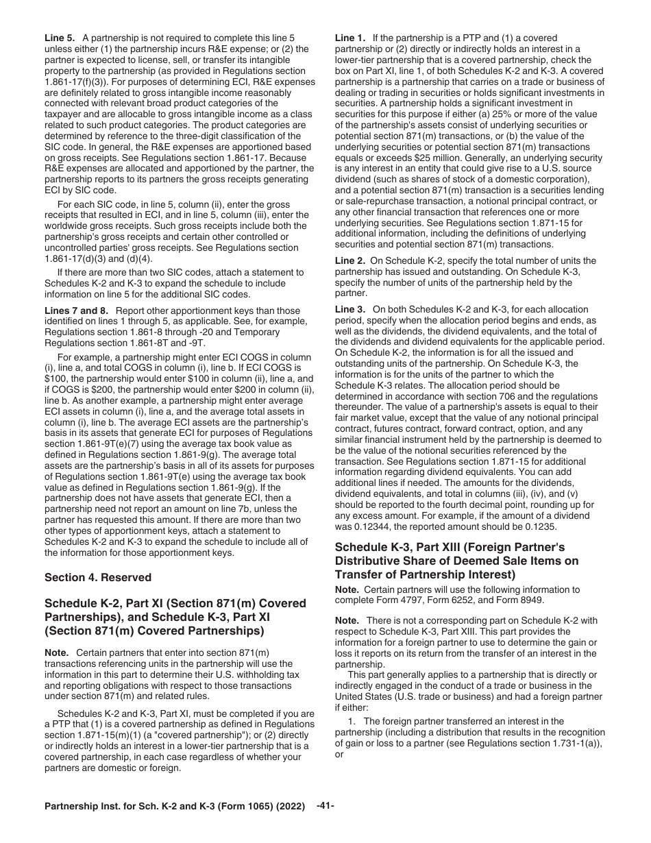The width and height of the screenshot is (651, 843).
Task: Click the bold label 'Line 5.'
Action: (x=60, y=38)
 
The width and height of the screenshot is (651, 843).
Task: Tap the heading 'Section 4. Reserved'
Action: (x=97, y=577)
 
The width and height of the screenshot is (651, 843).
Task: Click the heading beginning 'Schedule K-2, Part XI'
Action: (x=175, y=616)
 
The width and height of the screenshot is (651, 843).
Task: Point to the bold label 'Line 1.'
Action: (x=350, y=38)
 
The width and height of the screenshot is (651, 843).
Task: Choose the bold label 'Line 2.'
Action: (x=350, y=260)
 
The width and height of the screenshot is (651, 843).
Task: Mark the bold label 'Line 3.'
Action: (x=350, y=310)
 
